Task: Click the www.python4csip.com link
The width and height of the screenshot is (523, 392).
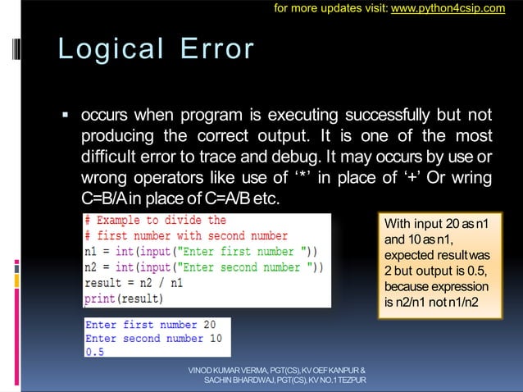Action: (x=459, y=9)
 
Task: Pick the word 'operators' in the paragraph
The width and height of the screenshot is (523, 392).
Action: (x=155, y=178)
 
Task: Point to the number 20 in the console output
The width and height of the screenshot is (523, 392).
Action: (x=209, y=325)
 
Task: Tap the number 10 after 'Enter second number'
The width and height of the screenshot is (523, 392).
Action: (x=215, y=339)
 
